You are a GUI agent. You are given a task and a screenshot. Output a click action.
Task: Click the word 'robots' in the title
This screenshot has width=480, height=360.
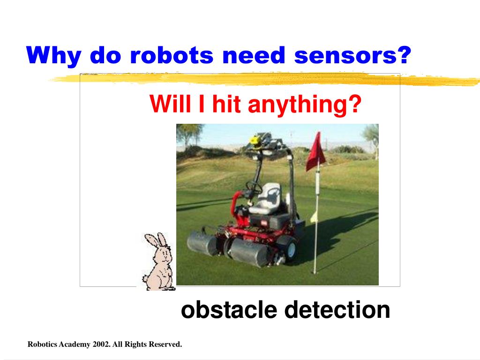click(x=171, y=56)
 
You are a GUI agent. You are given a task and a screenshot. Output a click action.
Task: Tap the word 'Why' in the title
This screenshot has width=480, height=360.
click(x=53, y=56)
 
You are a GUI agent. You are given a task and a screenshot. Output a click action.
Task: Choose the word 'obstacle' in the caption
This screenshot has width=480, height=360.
click(x=229, y=310)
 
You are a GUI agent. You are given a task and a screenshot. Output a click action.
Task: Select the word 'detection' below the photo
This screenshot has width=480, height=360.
click(x=337, y=310)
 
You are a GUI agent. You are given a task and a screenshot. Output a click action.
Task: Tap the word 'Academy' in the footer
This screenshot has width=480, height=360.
click(x=75, y=345)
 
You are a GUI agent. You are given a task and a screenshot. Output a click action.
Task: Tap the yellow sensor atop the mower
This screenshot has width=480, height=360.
click(x=255, y=139)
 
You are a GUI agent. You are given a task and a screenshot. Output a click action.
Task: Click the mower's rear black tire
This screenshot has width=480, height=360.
click(x=286, y=248)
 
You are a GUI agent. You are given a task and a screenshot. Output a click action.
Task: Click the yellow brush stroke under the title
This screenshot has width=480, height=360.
click(x=262, y=80)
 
